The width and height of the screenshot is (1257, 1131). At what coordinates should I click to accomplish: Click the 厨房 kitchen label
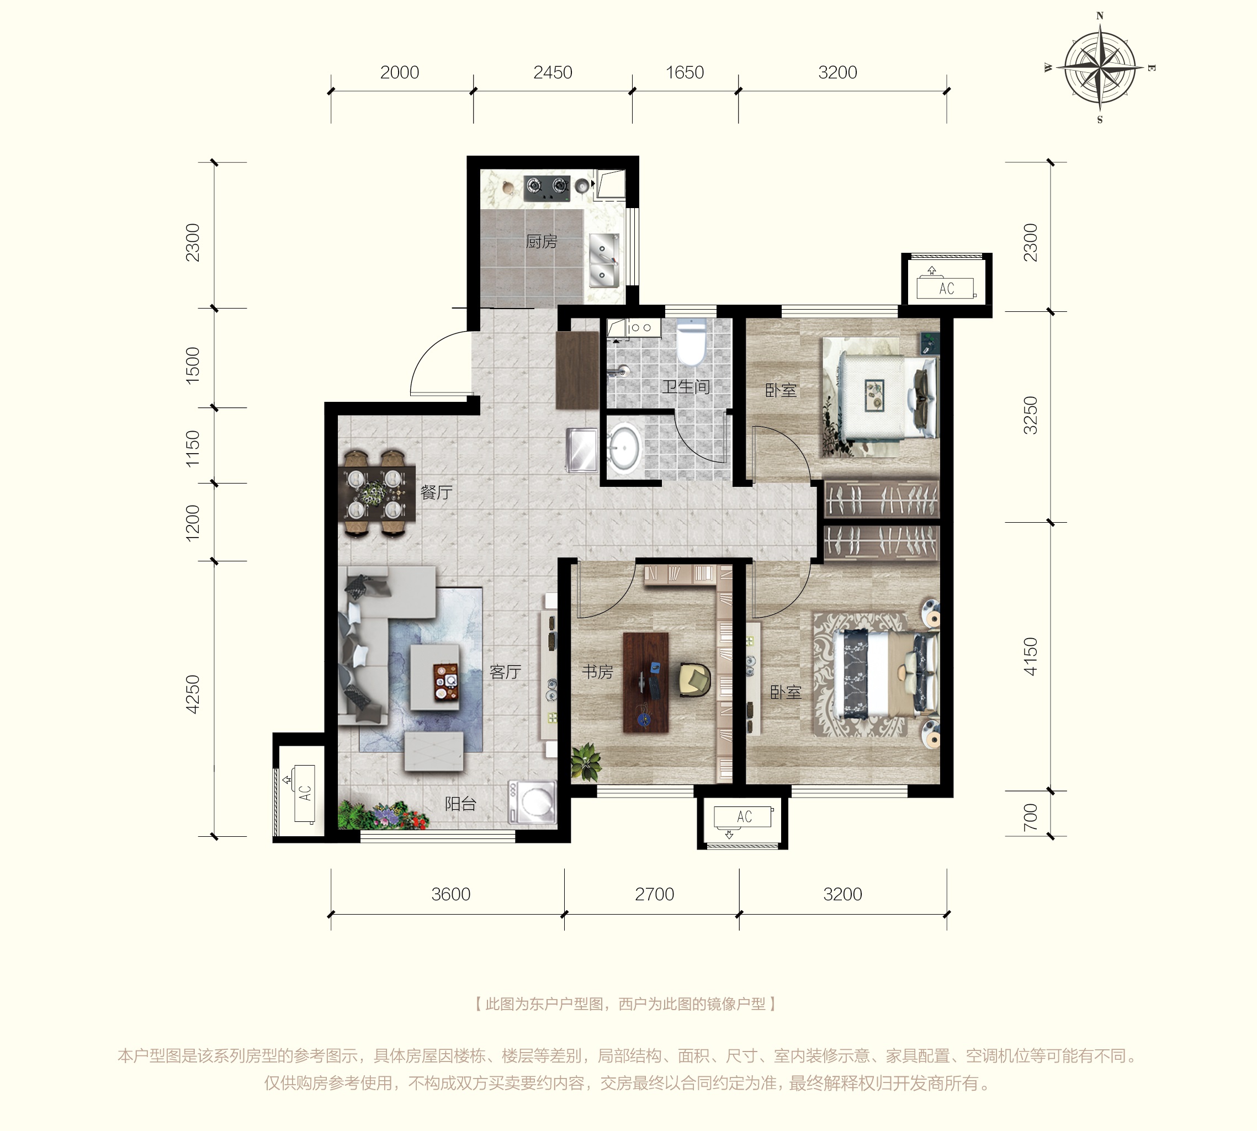541,241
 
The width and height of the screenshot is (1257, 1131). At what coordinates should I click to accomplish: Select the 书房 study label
597,672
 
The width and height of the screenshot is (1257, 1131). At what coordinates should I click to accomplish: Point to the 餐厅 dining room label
436,493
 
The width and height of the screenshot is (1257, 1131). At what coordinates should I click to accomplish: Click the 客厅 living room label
505,672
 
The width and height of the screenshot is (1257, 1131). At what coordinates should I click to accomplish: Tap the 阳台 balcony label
460,804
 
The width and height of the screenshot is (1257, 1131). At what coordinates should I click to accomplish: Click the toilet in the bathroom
691,342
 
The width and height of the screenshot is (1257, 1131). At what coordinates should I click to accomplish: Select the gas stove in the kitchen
547,188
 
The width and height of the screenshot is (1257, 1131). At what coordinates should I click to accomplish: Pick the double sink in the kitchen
603,261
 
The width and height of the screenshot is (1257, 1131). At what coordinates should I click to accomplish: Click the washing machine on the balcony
532,802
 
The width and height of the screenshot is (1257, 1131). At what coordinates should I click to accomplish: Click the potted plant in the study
586,761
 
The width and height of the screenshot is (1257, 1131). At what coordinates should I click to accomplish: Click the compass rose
1100,67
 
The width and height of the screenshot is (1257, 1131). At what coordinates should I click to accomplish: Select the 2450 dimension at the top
553,73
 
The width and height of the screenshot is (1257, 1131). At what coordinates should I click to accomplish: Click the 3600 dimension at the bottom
451,894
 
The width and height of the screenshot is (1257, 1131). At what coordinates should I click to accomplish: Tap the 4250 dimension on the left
193,694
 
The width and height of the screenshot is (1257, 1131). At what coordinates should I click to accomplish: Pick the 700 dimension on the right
1030,817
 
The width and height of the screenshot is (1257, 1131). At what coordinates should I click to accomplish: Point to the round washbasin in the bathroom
624,445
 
